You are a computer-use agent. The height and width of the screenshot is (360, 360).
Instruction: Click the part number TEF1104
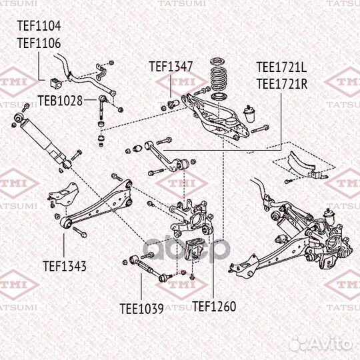[x=38, y=27]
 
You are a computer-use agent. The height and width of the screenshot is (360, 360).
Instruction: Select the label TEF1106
[x=38, y=43]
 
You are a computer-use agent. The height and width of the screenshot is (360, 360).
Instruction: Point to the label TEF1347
[x=171, y=67]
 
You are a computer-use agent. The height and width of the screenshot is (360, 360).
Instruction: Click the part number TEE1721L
[x=281, y=68]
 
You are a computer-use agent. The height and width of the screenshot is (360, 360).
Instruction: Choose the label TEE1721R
[x=281, y=83]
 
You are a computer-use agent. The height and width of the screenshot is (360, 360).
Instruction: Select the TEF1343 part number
[x=65, y=266]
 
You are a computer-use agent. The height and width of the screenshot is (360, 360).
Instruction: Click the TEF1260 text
[x=214, y=307]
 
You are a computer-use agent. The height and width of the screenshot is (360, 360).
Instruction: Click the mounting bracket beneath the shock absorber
[x=62, y=194]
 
